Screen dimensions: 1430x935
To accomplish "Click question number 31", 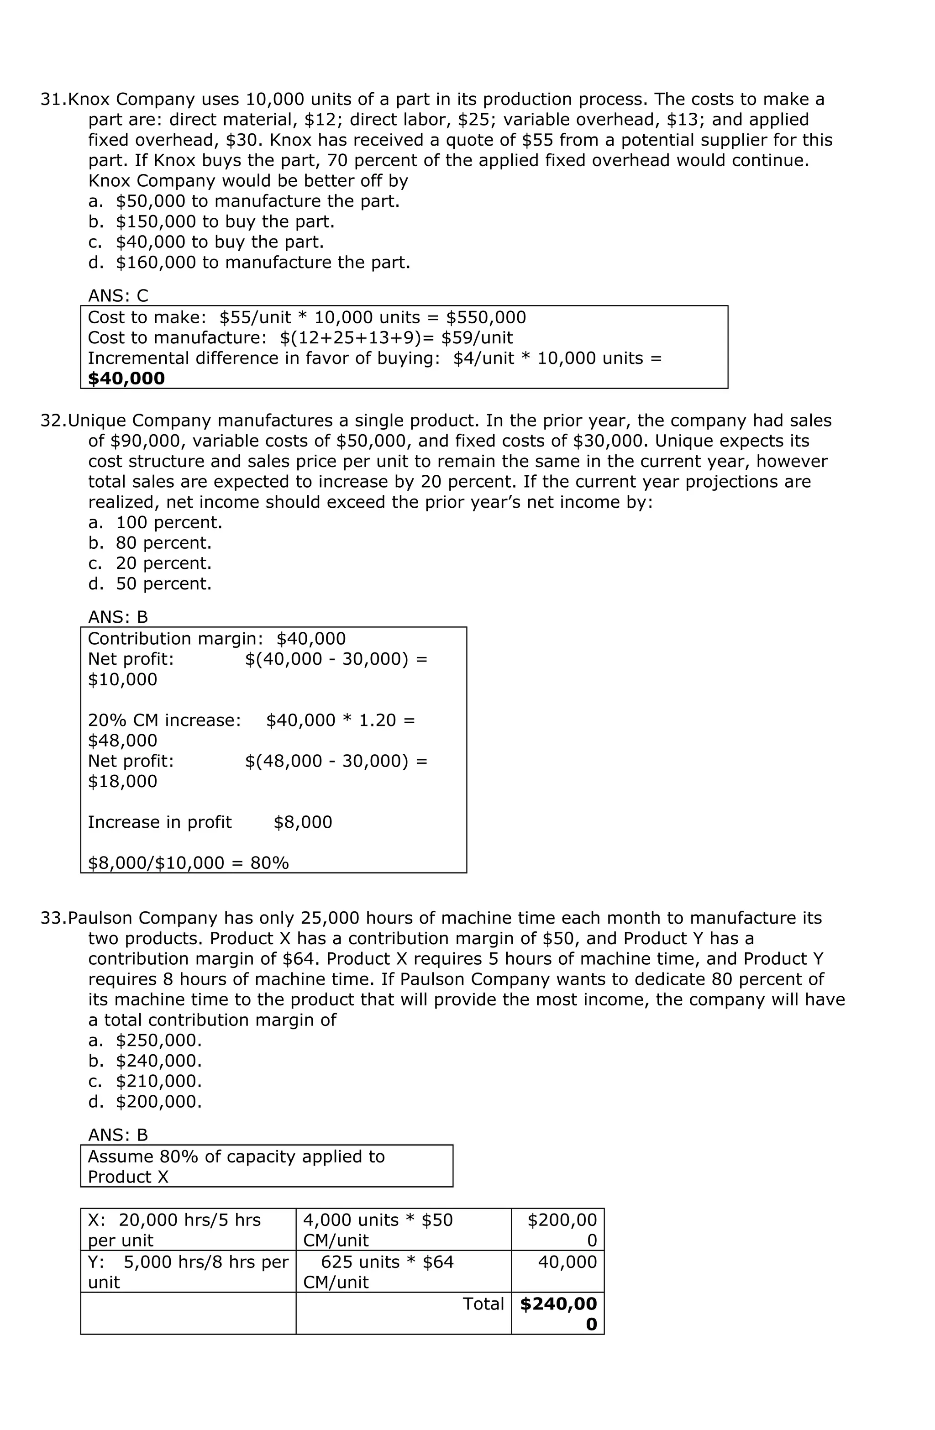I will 53,99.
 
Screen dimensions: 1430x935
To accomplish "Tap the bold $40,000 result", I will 126,379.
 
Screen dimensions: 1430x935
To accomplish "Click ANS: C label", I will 118,295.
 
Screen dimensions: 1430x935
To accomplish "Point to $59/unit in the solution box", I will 477,338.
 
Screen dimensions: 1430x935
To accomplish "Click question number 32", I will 53,421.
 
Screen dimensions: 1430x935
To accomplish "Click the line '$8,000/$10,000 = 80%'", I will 188,863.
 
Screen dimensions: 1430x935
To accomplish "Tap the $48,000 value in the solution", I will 123,740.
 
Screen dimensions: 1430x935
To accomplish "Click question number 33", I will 53,918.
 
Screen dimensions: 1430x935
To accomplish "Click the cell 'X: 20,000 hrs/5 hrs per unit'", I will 174,1230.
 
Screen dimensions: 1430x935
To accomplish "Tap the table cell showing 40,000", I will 567,1262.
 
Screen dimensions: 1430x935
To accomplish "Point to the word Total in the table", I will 483,1304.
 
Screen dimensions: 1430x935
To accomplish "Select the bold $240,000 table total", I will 558,1314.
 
